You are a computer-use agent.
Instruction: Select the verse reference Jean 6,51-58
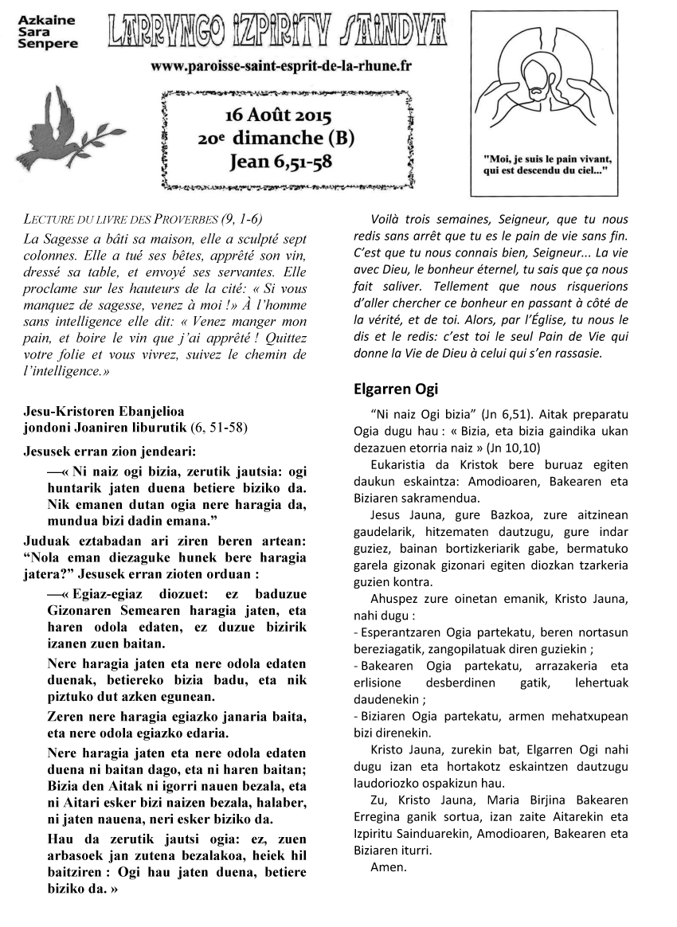[281, 162]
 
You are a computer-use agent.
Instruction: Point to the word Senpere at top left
[47, 44]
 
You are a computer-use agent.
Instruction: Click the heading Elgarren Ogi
[395, 389]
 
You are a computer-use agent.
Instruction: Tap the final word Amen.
[389, 867]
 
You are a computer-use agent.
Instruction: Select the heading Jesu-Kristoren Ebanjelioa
[104, 412]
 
